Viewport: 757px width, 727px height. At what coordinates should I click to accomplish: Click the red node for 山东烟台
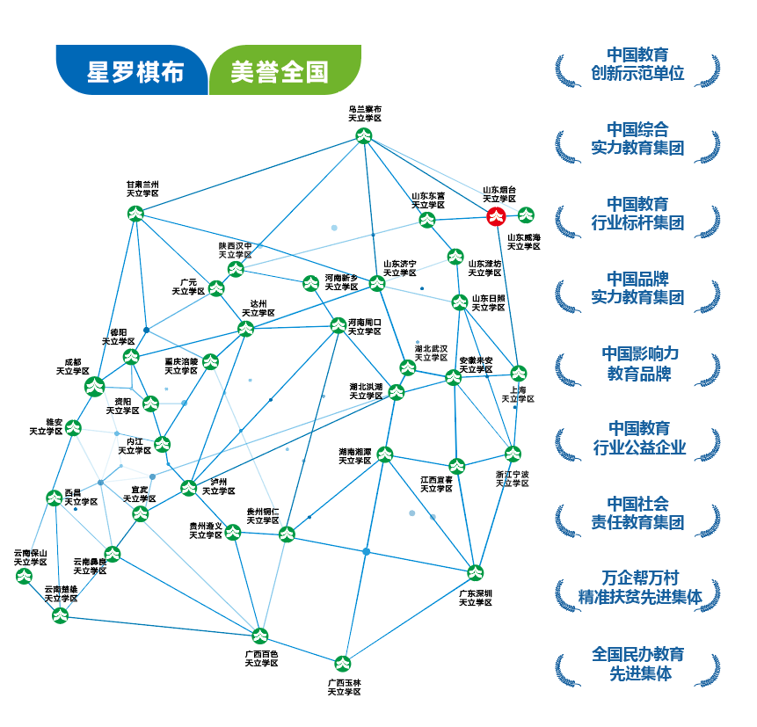pos(497,216)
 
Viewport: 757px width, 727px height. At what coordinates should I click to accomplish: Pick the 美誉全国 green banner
pos(280,71)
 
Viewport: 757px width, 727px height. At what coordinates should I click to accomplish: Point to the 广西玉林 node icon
pos(343,663)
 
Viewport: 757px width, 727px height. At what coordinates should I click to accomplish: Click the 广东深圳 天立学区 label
pos(476,597)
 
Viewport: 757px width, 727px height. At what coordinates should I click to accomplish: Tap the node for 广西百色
pos(260,636)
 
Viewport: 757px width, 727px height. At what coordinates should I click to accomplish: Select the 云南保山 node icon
pos(24,577)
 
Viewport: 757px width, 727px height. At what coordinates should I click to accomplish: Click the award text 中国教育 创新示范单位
pos(637,65)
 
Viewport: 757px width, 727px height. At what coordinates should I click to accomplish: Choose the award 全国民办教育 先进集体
pos(637,664)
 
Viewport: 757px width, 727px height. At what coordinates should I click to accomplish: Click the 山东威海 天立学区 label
pos(524,242)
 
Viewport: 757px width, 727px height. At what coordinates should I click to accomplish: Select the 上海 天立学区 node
pos(519,372)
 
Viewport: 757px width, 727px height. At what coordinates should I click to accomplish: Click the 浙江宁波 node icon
pos(513,454)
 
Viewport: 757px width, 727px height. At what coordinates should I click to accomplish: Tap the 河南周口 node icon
pos(338,325)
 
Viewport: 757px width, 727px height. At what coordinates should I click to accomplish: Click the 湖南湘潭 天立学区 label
pos(355,455)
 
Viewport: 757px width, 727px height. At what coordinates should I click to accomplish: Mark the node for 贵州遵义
pos(233,531)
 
